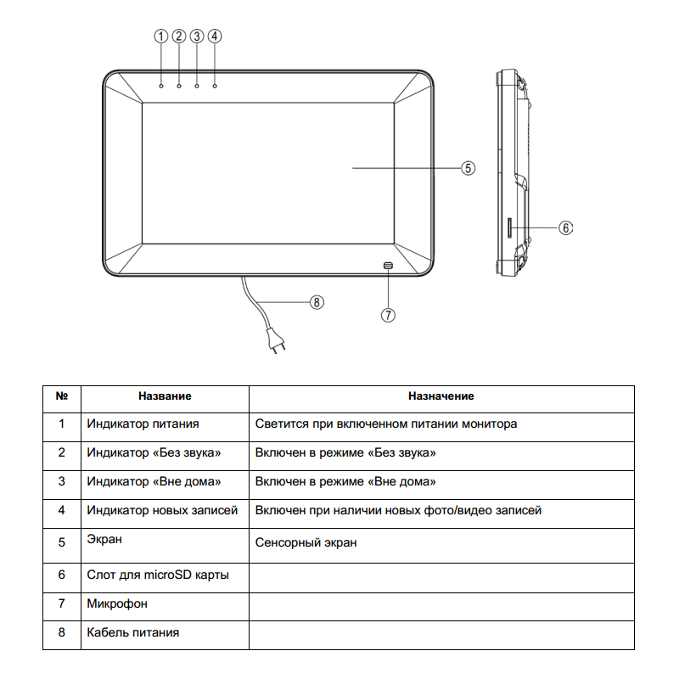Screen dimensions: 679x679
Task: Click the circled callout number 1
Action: tap(160, 36)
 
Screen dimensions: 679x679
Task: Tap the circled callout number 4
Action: tap(215, 36)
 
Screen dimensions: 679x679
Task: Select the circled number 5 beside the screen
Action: tap(468, 168)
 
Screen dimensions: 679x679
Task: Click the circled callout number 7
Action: tap(388, 314)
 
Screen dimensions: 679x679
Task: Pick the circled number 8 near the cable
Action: tap(317, 301)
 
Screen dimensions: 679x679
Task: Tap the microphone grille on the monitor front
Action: tap(388, 266)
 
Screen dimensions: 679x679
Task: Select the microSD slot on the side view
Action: tap(508, 227)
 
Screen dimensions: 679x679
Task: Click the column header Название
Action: tap(165, 396)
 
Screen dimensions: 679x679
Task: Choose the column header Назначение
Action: tap(441, 396)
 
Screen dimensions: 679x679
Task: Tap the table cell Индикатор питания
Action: tap(143, 424)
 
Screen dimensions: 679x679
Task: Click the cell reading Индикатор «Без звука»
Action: tap(154, 453)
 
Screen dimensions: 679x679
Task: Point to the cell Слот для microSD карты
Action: tap(157, 575)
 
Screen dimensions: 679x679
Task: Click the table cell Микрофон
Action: tap(116, 603)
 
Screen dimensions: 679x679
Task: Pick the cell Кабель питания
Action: tap(132, 632)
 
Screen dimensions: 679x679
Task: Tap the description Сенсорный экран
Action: tap(306, 542)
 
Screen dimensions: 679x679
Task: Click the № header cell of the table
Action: tap(61, 396)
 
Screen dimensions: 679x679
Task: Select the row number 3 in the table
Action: tap(61, 481)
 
